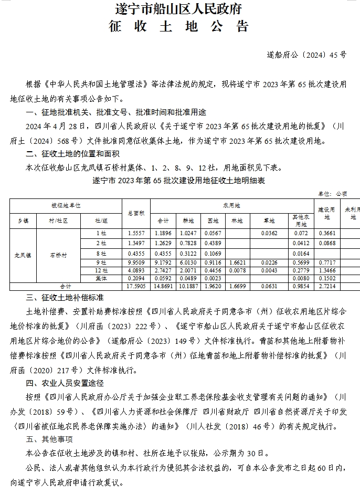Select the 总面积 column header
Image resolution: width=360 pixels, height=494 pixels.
[x=136, y=213]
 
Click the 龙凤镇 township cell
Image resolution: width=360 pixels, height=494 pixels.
[x=22, y=255]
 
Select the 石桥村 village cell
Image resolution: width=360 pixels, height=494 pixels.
[x=58, y=255]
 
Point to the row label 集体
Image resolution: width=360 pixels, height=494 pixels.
[x=101, y=278]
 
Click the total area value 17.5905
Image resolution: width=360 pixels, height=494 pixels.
[x=136, y=287]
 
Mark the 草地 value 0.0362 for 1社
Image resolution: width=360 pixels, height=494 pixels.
[x=269, y=233]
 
